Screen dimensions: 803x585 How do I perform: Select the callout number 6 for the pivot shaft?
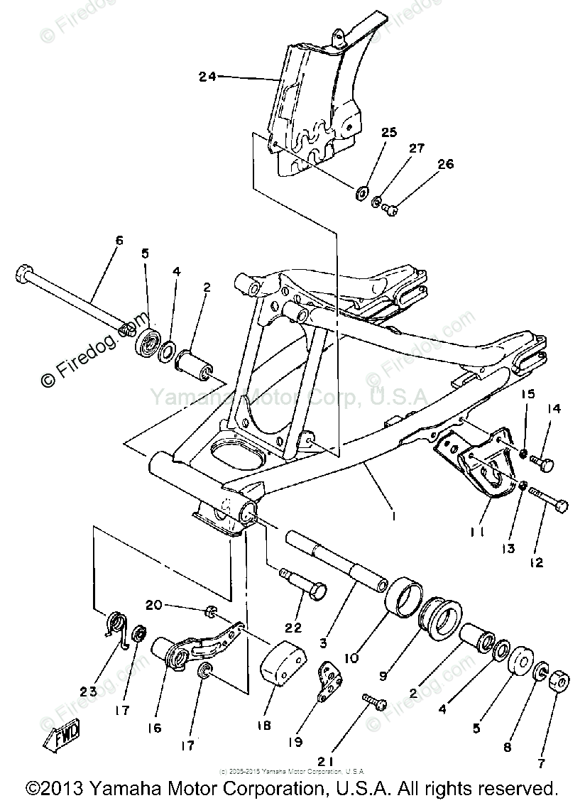point(119,241)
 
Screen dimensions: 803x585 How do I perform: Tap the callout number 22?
point(293,628)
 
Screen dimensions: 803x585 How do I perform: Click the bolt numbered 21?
point(373,701)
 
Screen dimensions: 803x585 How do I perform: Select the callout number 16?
point(155,728)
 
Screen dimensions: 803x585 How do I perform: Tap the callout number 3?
point(323,643)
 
